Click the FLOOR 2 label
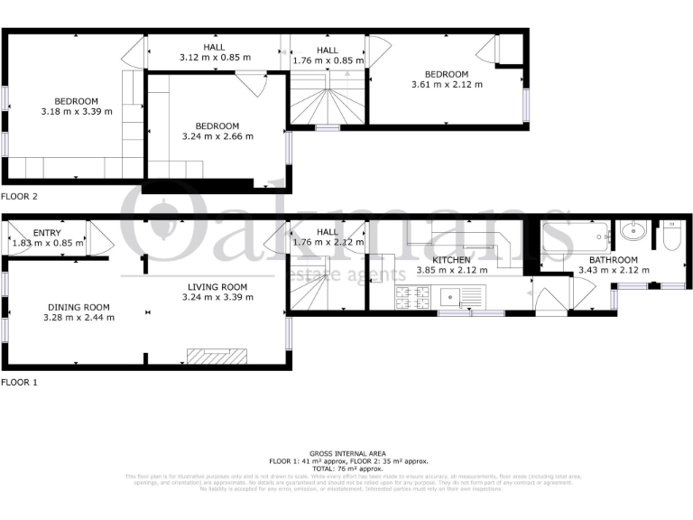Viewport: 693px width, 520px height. coord(20,196)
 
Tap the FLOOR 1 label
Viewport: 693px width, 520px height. coord(20,382)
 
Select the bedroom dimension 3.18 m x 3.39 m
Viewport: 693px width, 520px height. coord(76,112)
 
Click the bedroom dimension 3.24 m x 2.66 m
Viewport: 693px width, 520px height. coord(217,137)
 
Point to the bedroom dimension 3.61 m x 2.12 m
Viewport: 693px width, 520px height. coord(447,85)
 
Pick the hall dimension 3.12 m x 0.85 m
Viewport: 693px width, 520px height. coord(215,58)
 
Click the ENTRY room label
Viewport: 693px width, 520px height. coord(34,233)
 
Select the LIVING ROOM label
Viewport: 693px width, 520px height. coord(215,286)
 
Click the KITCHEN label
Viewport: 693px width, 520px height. coord(451,260)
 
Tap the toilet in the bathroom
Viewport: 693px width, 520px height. coord(670,237)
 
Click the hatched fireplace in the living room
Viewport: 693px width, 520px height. coord(217,356)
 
